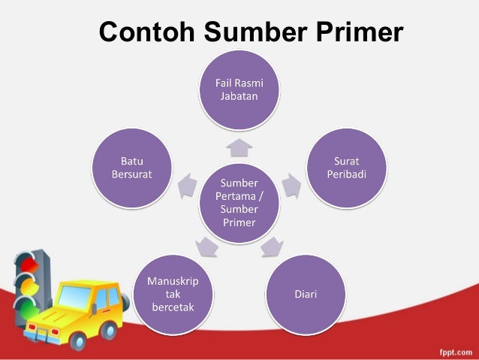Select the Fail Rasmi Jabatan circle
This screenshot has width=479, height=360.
tap(239, 90)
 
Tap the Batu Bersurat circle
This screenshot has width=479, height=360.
tap(132, 167)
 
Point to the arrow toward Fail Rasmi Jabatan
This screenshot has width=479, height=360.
tap(239, 144)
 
